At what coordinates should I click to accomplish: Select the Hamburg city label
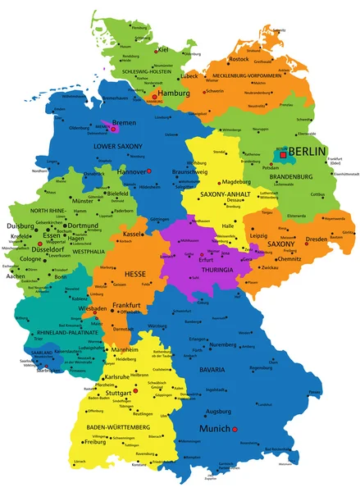(173, 94)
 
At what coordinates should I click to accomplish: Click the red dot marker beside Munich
(235, 429)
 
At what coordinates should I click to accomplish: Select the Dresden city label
(316, 239)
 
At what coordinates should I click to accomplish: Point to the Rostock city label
(239, 59)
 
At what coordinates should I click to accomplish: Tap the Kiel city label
(163, 49)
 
